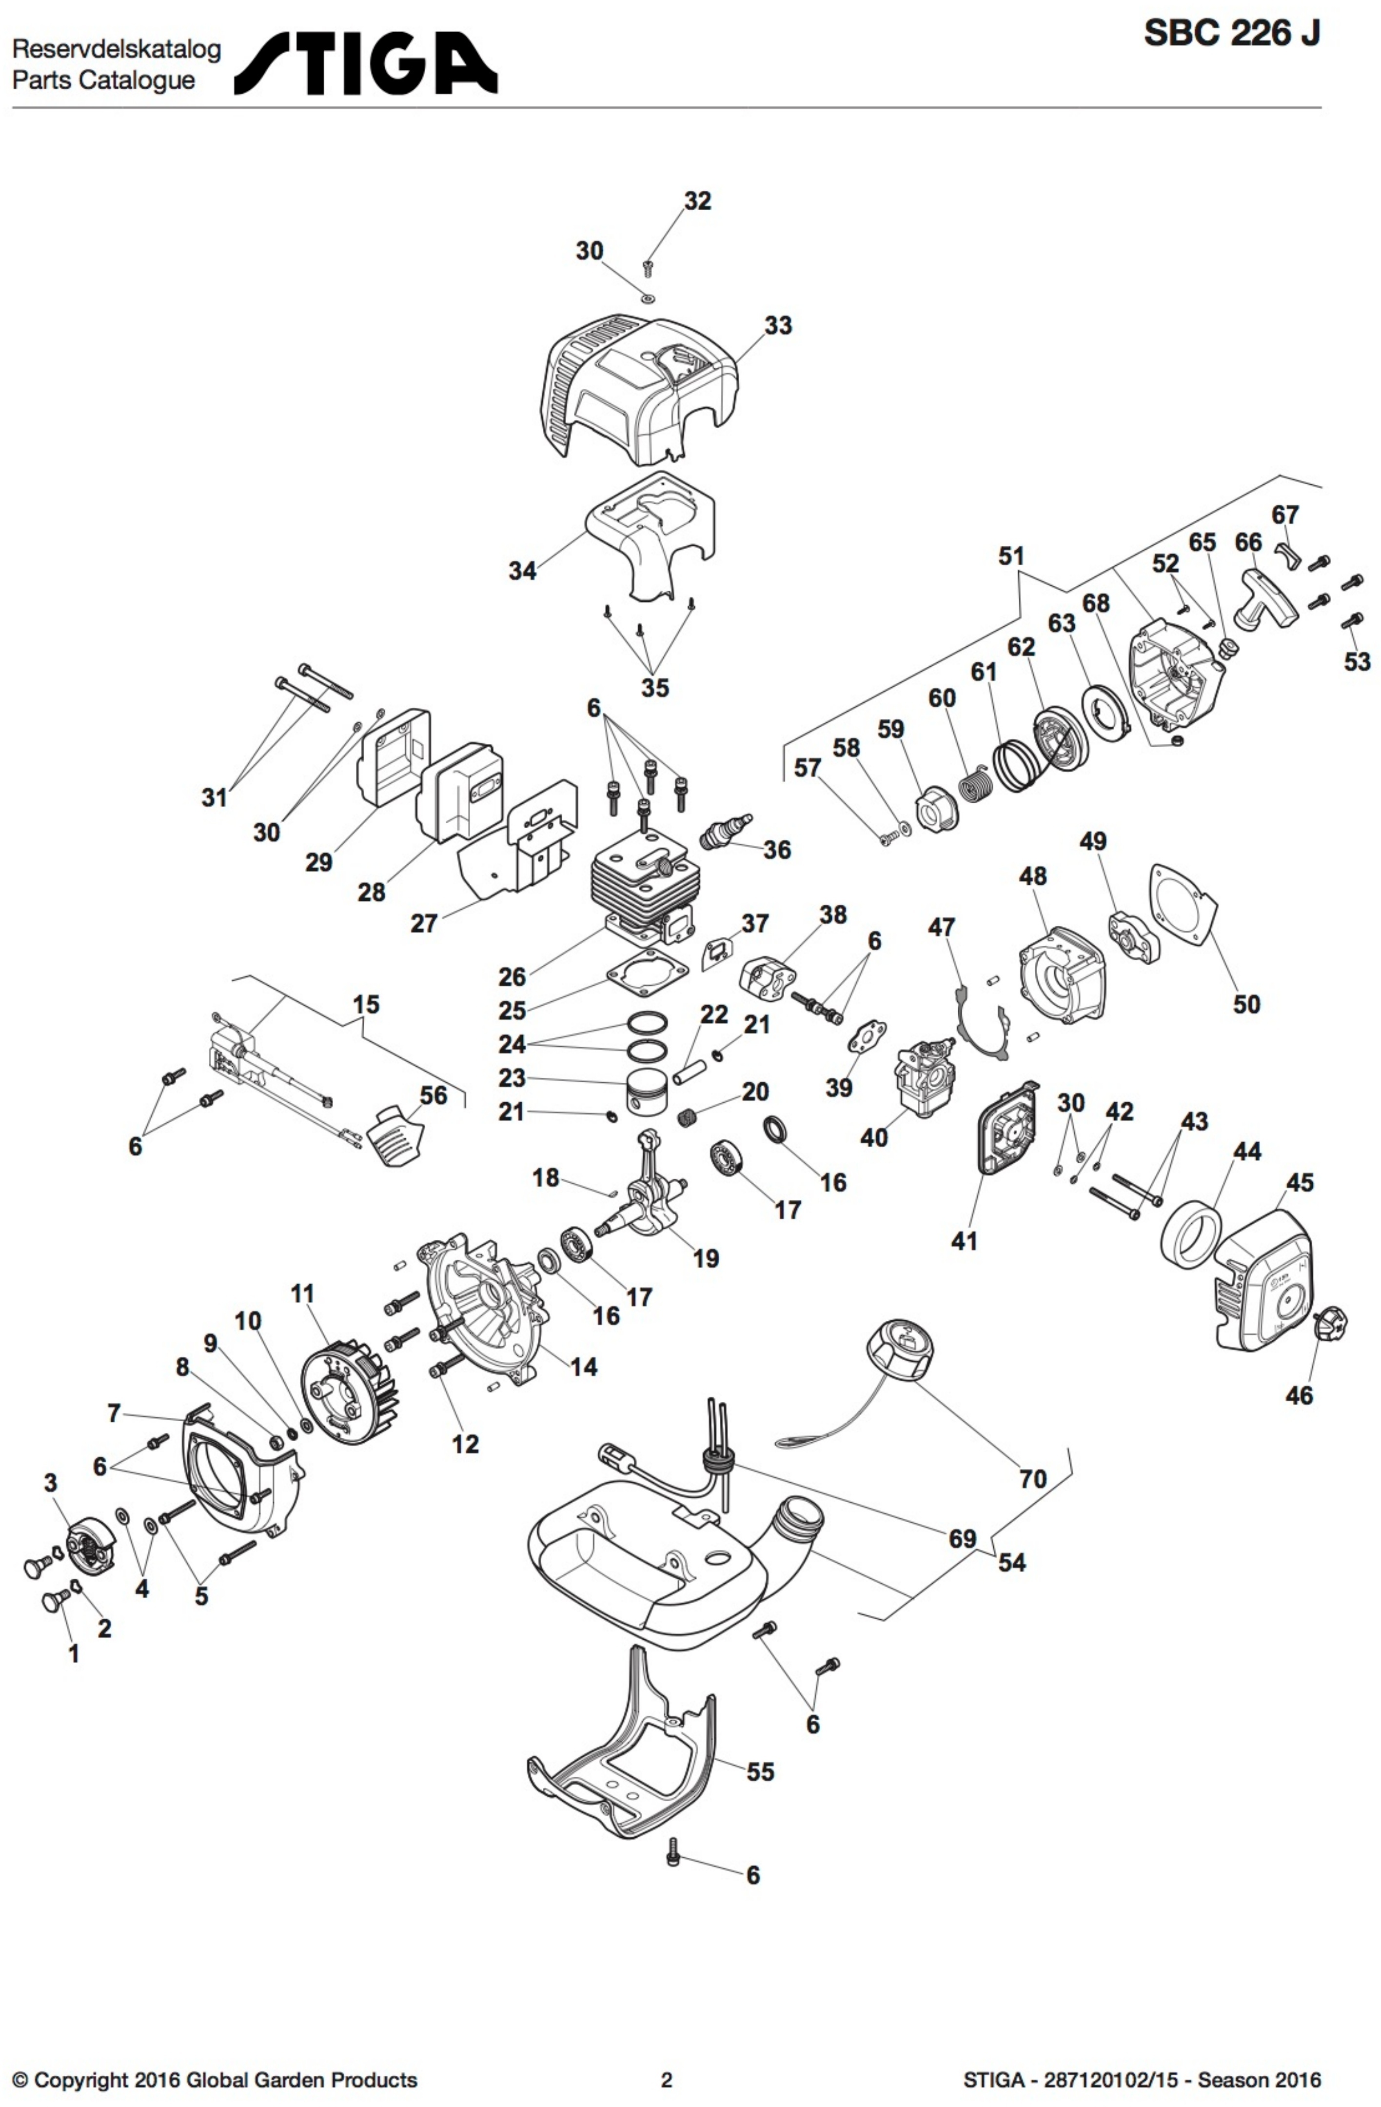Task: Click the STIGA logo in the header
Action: point(366,64)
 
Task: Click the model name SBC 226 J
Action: point(1231,34)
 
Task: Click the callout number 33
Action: point(778,326)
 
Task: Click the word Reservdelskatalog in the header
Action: point(116,50)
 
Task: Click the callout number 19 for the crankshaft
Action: point(706,1258)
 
